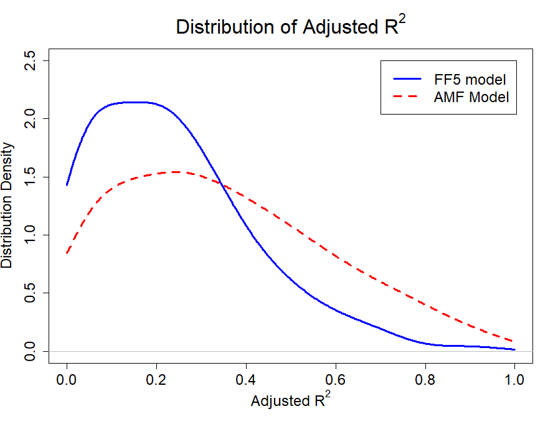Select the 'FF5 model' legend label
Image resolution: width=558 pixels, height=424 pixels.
[470, 80]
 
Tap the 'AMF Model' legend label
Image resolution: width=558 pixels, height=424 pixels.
[471, 97]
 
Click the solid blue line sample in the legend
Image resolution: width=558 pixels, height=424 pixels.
[407, 79]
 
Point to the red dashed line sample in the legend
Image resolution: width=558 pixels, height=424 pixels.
[405, 97]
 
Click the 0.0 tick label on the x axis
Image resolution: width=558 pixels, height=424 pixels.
[67, 380]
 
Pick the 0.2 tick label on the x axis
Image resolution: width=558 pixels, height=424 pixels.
[156, 380]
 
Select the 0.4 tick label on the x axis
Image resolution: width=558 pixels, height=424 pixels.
[246, 380]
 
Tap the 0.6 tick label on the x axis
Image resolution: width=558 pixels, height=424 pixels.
[336, 380]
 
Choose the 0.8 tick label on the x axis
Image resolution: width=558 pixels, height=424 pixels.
[425, 380]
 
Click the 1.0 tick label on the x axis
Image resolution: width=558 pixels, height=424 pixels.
[514, 380]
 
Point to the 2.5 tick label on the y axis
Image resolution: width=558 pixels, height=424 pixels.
[30, 60]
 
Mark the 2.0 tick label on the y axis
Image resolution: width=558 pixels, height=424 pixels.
[30, 118]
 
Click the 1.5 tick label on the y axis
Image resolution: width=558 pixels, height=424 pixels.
[30, 177]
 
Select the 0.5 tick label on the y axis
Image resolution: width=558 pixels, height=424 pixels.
[30, 293]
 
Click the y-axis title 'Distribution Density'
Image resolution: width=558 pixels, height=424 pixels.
[7, 205]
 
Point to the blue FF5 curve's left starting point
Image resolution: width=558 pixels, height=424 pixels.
[67, 185]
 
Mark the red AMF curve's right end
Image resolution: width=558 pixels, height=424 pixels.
[513, 341]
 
